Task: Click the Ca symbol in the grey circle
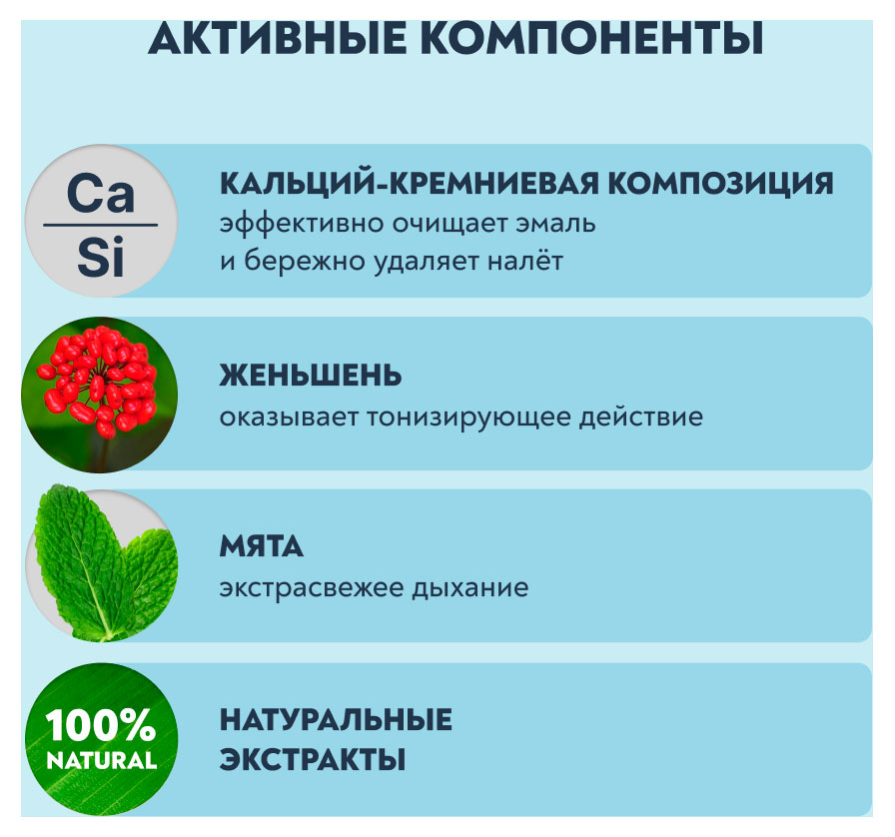pos(100,194)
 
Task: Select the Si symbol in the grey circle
pos(100,259)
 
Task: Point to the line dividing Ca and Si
pos(100,226)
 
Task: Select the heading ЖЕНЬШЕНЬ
pos(311,376)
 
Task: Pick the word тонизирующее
pos(482,416)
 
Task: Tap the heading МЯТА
pos(262,547)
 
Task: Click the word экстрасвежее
pos(311,587)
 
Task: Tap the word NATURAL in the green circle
pos(100,760)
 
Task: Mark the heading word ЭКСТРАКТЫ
pos(312,759)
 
